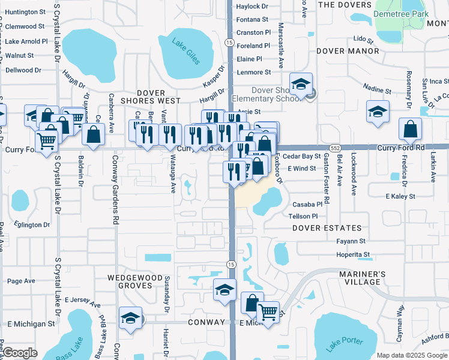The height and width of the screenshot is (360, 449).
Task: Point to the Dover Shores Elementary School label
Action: pyautogui.click(x=270, y=95)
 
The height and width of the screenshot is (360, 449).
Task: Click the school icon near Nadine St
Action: pyautogui.click(x=378, y=112)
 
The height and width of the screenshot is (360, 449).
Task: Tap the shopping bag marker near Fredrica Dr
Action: pyautogui.click(x=411, y=130)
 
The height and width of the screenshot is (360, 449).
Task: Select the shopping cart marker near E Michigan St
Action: pyautogui.click(x=268, y=311)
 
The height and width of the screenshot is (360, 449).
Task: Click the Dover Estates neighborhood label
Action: pyautogui.click(x=327, y=228)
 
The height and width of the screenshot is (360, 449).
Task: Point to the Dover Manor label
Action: pyautogui.click(x=348, y=51)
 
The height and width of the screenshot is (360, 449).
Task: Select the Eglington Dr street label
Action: pyautogui.click(x=29, y=225)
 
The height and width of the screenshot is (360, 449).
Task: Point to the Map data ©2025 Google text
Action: pyautogui.click(x=411, y=355)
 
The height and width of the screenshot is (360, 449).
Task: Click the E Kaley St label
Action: pyautogui.click(x=400, y=196)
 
